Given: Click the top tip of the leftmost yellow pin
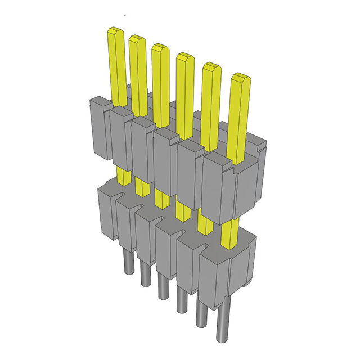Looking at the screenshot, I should (116, 31).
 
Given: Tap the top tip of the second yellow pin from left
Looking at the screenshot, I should (137, 39).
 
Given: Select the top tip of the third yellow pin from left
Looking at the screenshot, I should (160, 47).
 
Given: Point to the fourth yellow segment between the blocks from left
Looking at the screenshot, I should (182, 209).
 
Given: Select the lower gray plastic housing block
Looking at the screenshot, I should (169, 236).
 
